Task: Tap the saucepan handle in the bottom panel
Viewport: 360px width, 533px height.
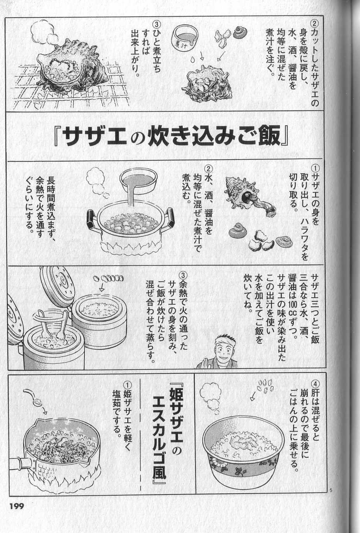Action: point(23,462)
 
